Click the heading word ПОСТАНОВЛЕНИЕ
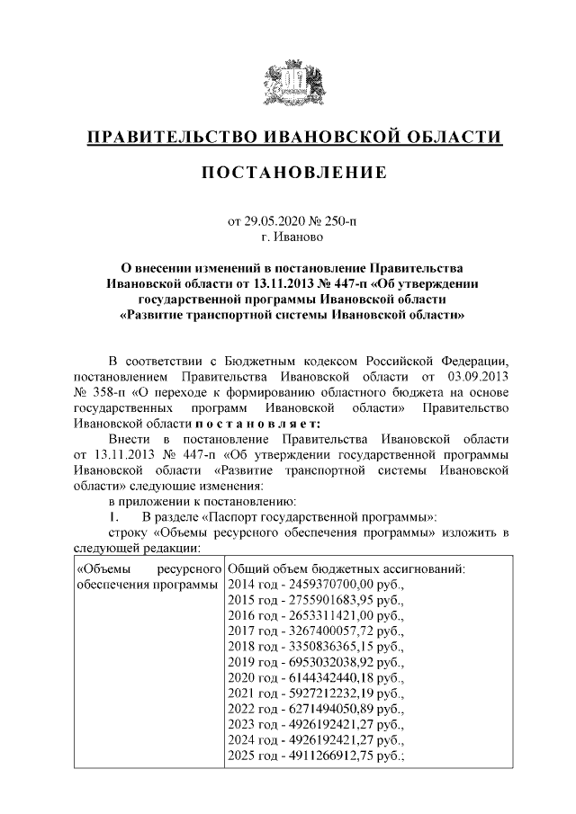pos(287,172)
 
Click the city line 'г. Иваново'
pos(287,237)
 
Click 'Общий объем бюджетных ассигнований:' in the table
pos(346,569)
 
